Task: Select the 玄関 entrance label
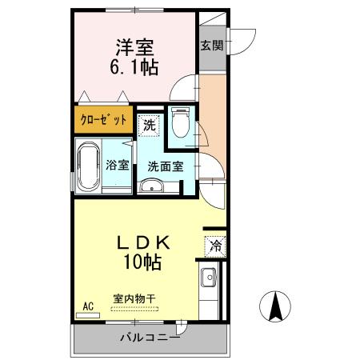(x=212, y=45)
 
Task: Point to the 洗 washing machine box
(x=148, y=124)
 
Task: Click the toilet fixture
(x=180, y=124)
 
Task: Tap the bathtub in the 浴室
(x=89, y=166)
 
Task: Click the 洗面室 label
(x=166, y=167)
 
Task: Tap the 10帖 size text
(x=145, y=262)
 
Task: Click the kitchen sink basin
(x=209, y=280)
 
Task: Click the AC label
(x=88, y=305)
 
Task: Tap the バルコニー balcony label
(x=150, y=338)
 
